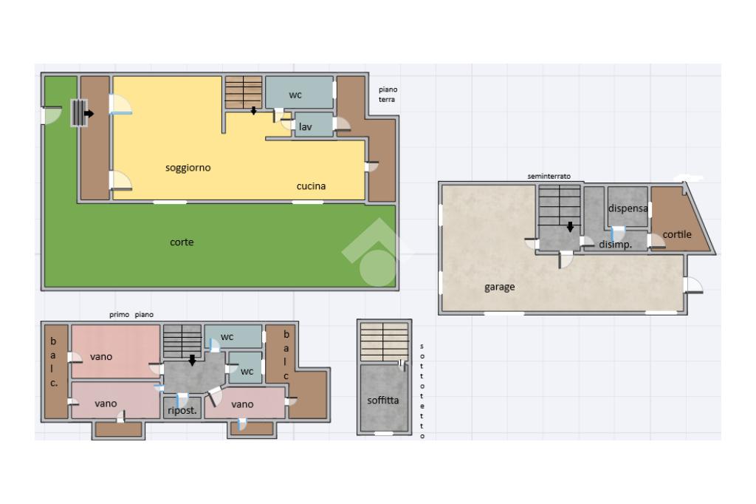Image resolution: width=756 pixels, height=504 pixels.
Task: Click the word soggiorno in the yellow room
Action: pos(188,168)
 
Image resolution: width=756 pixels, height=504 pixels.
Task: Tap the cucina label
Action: pos(311,186)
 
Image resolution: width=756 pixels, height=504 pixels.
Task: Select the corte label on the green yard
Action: pos(182,242)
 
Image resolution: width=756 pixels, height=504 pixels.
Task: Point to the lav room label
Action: pos(305,126)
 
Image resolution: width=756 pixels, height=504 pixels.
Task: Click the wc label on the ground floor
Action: pos(295,95)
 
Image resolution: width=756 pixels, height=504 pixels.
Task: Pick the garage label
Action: pos(500,287)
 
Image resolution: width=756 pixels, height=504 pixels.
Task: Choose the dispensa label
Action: pos(628,208)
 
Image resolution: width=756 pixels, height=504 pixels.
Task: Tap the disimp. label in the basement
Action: pos(615,245)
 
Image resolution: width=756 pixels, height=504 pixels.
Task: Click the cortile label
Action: pos(677,234)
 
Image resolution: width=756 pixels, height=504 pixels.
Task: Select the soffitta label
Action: pos(383,401)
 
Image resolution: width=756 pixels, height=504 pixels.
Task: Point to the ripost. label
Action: pos(182,411)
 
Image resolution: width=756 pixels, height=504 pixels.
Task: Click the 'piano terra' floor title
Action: pos(387,94)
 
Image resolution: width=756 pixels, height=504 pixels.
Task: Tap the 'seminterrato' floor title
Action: pos(549,176)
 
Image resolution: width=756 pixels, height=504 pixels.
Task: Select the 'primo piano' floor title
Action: pos(131,315)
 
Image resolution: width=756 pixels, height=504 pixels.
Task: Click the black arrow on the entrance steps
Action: pos(89,114)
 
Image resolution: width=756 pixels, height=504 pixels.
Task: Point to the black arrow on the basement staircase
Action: pos(571,227)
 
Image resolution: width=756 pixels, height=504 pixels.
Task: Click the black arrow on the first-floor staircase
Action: pos(193,360)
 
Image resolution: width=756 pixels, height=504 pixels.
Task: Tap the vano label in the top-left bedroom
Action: pos(100,357)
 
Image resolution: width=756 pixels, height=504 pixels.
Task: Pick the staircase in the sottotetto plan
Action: pos(384,342)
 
